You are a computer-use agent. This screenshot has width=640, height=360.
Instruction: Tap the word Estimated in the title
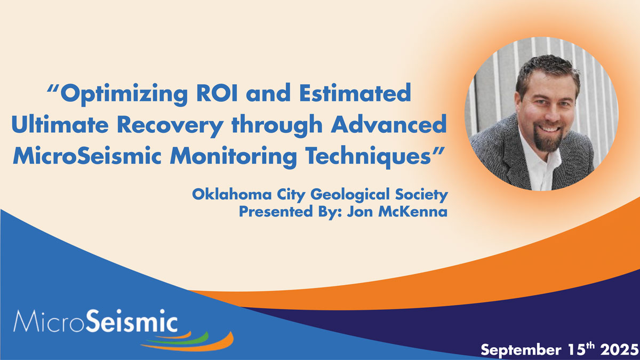[x=355, y=92]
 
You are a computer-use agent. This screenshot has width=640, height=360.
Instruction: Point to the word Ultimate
[x=60, y=124]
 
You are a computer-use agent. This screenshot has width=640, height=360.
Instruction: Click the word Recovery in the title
[x=170, y=126]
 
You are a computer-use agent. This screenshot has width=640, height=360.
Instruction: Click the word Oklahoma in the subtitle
[x=231, y=195]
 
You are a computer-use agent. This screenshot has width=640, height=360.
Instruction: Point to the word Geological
[x=350, y=195]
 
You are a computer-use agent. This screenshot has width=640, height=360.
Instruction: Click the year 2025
[x=619, y=350]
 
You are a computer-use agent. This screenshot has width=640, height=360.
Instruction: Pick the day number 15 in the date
[x=574, y=350]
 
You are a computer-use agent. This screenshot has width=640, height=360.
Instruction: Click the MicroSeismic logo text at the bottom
[x=95, y=322]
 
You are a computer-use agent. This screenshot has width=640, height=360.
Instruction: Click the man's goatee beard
[x=548, y=140]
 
